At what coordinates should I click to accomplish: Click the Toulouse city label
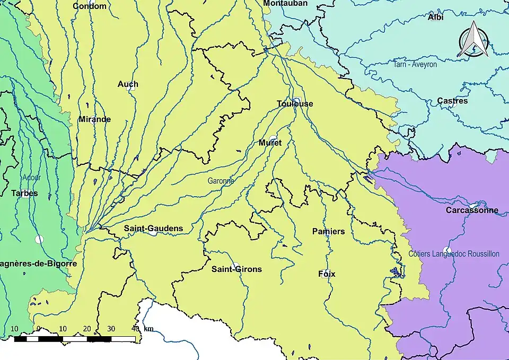tap(295, 104)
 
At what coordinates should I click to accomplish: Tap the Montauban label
tap(285, 3)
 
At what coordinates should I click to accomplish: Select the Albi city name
tap(435, 17)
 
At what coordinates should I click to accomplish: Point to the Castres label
tap(452, 101)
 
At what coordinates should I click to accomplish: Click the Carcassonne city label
tap(471, 210)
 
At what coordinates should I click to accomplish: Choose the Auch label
tap(128, 84)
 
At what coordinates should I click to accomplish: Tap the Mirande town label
tap(94, 119)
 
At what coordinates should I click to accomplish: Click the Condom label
tap(89, 6)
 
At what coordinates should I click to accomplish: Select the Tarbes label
tap(24, 193)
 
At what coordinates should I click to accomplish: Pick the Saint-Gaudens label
tap(153, 229)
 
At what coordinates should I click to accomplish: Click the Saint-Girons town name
tap(236, 269)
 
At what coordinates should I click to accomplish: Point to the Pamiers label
tap(328, 231)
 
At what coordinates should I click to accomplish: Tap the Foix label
tap(327, 274)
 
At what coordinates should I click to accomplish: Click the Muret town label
tap(270, 143)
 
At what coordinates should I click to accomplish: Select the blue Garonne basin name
tap(221, 181)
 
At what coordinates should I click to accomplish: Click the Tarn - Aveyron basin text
tap(415, 64)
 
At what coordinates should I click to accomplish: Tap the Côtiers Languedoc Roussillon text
tap(454, 254)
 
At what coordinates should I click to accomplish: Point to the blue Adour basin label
tap(31, 178)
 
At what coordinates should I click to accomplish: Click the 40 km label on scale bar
tap(142, 329)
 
